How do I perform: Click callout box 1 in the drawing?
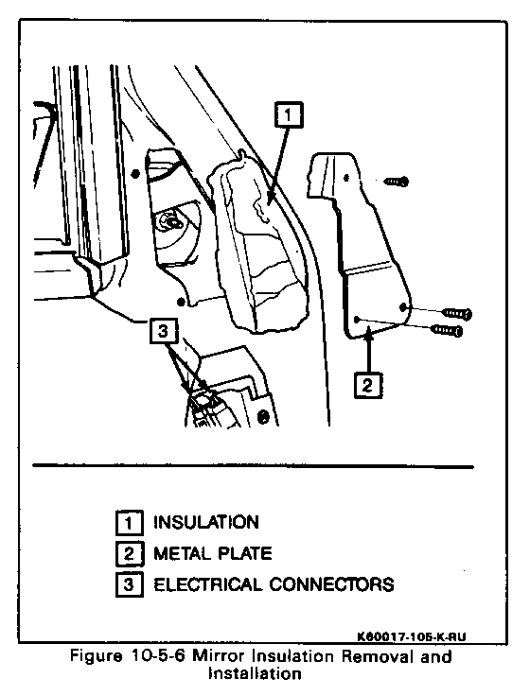(x=290, y=115)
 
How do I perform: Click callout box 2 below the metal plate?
(x=368, y=385)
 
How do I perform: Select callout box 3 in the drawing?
(x=164, y=331)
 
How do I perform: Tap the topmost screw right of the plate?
(x=397, y=182)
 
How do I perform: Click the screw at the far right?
(x=457, y=313)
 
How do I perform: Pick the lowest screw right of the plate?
(x=447, y=330)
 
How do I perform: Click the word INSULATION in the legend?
(x=206, y=522)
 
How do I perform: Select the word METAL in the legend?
(x=183, y=553)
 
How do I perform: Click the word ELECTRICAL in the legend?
(x=208, y=584)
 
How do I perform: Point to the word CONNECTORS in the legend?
(x=332, y=584)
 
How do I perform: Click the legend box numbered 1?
(x=130, y=523)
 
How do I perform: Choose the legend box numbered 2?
(x=130, y=553)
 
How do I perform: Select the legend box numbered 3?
(x=130, y=584)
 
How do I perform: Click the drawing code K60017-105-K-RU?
(x=412, y=637)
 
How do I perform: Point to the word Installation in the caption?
(x=255, y=674)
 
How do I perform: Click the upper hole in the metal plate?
(x=346, y=178)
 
